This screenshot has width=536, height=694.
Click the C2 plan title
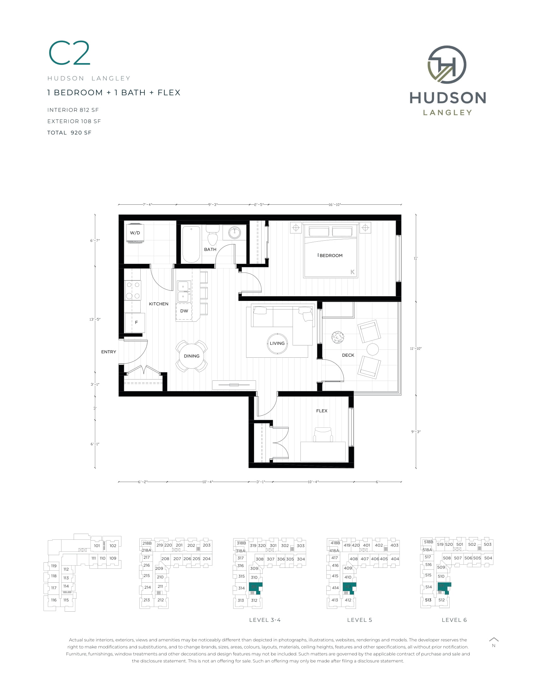[70, 53]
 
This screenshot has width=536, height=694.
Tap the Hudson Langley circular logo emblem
[447, 64]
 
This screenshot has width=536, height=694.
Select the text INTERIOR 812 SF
[73, 110]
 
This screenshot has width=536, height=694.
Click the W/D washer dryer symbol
[135, 233]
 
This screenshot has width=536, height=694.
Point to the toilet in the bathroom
[213, 235]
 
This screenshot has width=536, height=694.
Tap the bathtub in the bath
[191, 244]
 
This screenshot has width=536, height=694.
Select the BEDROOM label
[330, 256]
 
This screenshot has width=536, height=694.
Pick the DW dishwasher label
[184, 311]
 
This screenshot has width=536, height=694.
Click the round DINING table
[191, 356]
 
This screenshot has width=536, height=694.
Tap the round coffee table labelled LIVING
[277, 343]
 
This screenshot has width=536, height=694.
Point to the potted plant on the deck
[338, 337]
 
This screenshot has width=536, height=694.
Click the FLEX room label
[322, 411]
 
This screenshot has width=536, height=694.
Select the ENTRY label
[108, 352]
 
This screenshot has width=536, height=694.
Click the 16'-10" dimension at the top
[335, 205]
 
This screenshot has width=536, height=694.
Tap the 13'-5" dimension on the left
[95, 319]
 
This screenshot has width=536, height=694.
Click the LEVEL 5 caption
[359, 620]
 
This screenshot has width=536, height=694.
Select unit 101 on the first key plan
[97, 546]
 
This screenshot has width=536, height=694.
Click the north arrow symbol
[493, 639]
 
